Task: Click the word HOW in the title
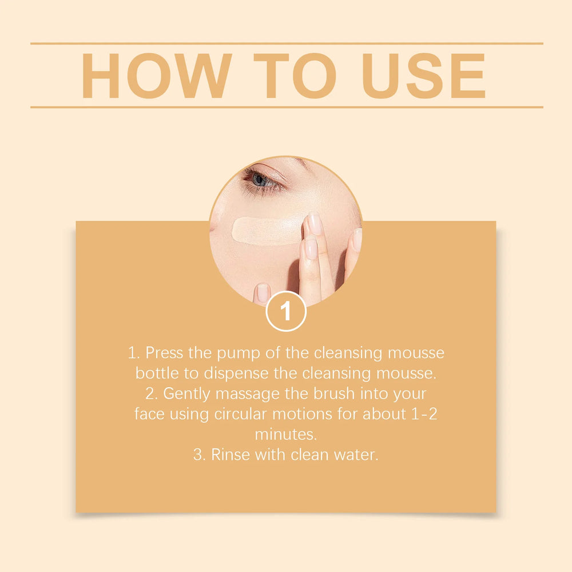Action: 156,76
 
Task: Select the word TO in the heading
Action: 294,76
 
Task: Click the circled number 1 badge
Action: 286,312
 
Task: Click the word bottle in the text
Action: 154,373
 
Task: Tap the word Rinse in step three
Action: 229,455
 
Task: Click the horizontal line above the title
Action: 286,43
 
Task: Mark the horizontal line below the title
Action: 286,107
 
